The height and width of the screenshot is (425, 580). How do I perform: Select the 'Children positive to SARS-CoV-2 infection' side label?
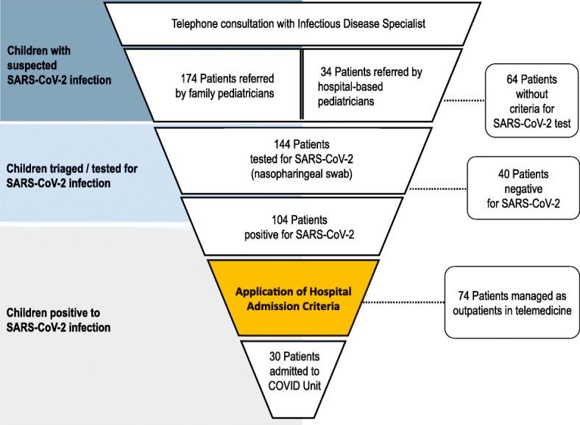tap(58, 320)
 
